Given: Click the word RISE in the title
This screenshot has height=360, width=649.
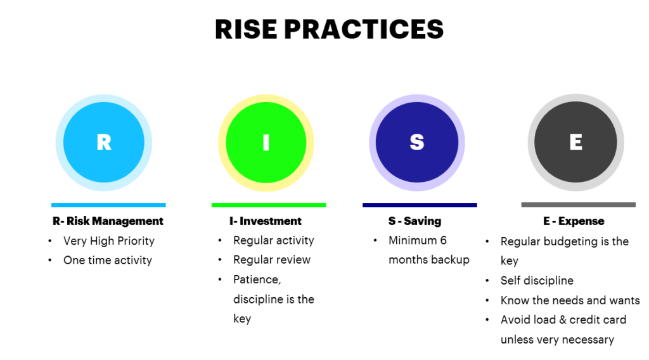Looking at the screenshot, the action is [246, 29].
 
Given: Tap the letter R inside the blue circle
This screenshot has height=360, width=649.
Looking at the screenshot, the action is [104, 143].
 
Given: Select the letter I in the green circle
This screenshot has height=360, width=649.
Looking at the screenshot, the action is [266, 143].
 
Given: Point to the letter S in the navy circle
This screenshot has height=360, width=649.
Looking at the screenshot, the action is [417, 143].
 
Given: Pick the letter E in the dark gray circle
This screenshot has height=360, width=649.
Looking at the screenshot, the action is [575, 143].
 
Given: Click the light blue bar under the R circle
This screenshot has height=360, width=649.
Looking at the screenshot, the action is [108, 205].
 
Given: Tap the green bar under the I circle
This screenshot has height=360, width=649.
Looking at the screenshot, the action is [269, 205].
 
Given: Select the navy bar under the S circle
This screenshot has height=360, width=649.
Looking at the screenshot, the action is [420, 205].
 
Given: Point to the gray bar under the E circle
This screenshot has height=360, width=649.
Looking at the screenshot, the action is [578, 205].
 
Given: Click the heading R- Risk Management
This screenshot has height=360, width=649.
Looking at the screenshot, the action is [108, 221].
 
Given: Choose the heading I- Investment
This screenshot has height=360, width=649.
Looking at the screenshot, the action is [266, 221].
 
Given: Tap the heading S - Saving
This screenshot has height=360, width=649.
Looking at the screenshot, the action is [414, 221].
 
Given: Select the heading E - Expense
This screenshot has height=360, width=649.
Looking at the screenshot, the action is [574, 221].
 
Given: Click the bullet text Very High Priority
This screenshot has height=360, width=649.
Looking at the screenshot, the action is [109, 241].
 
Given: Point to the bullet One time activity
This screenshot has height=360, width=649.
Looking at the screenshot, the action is [108, 260].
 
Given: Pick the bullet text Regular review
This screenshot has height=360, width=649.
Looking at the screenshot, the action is [272, 259].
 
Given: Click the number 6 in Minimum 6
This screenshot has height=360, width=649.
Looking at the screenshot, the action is [443, 240].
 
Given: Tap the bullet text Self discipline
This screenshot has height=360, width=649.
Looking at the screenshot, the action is [537, 280].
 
